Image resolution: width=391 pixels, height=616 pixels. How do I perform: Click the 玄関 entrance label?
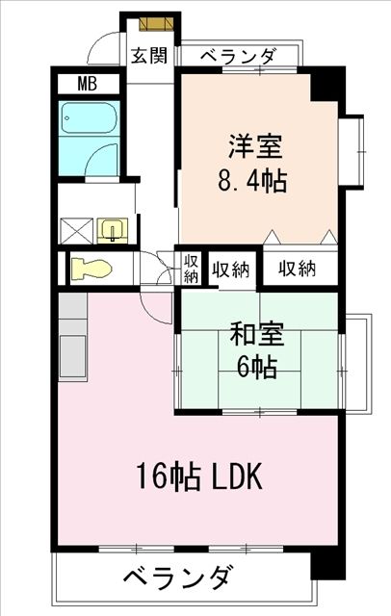click(149, 55)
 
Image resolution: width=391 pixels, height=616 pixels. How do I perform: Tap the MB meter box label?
click(86, 85)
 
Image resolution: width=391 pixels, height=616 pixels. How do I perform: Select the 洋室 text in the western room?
click(255, 148)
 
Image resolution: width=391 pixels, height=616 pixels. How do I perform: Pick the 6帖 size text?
click(254, 367)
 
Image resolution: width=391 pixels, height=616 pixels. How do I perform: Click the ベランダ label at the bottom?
click(178, 579)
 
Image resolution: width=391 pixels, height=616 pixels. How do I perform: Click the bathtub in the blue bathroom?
click(88, 122)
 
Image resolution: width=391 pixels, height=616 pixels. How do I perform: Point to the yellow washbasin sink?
click(114, 230)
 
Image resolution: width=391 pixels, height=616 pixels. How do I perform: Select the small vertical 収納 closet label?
click(191, 269)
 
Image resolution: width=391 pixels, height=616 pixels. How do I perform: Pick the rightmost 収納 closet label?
click(298, 269)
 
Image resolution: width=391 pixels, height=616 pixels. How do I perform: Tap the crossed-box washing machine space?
click(75, 231)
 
